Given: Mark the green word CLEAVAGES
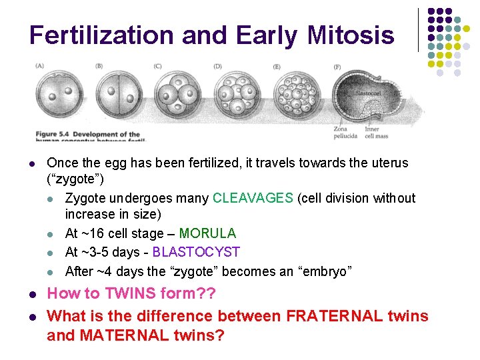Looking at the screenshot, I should [253, 198].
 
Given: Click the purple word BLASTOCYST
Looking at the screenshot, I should [196, 252].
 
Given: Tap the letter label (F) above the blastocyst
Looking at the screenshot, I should [337, 67].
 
